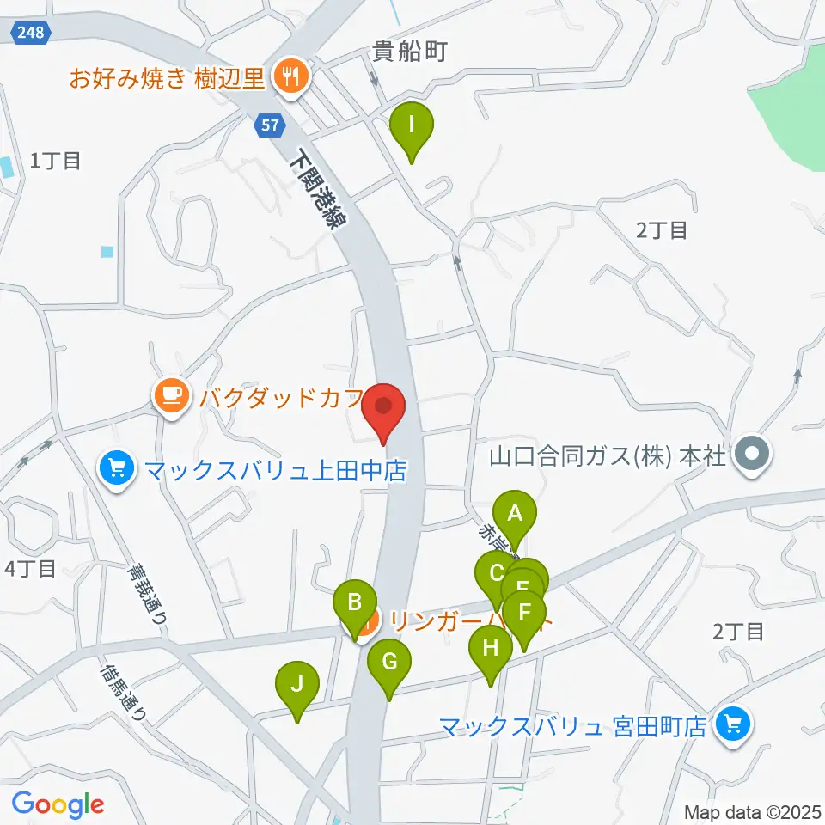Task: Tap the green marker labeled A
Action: coord(515,515)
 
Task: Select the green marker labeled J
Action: coord(296,685)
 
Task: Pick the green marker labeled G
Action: coord(389,663)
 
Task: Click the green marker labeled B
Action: coord(354,603)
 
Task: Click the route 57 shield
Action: coord(270,125)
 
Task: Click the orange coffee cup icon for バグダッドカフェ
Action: coord(171,396)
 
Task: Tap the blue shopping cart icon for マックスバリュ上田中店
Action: coord(117,469)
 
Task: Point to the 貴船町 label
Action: coord(410,52)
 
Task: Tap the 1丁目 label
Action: coord(56,161)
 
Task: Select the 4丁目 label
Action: coord(30,568)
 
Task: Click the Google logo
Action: coord(58,804)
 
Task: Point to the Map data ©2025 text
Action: coord(753,811)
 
